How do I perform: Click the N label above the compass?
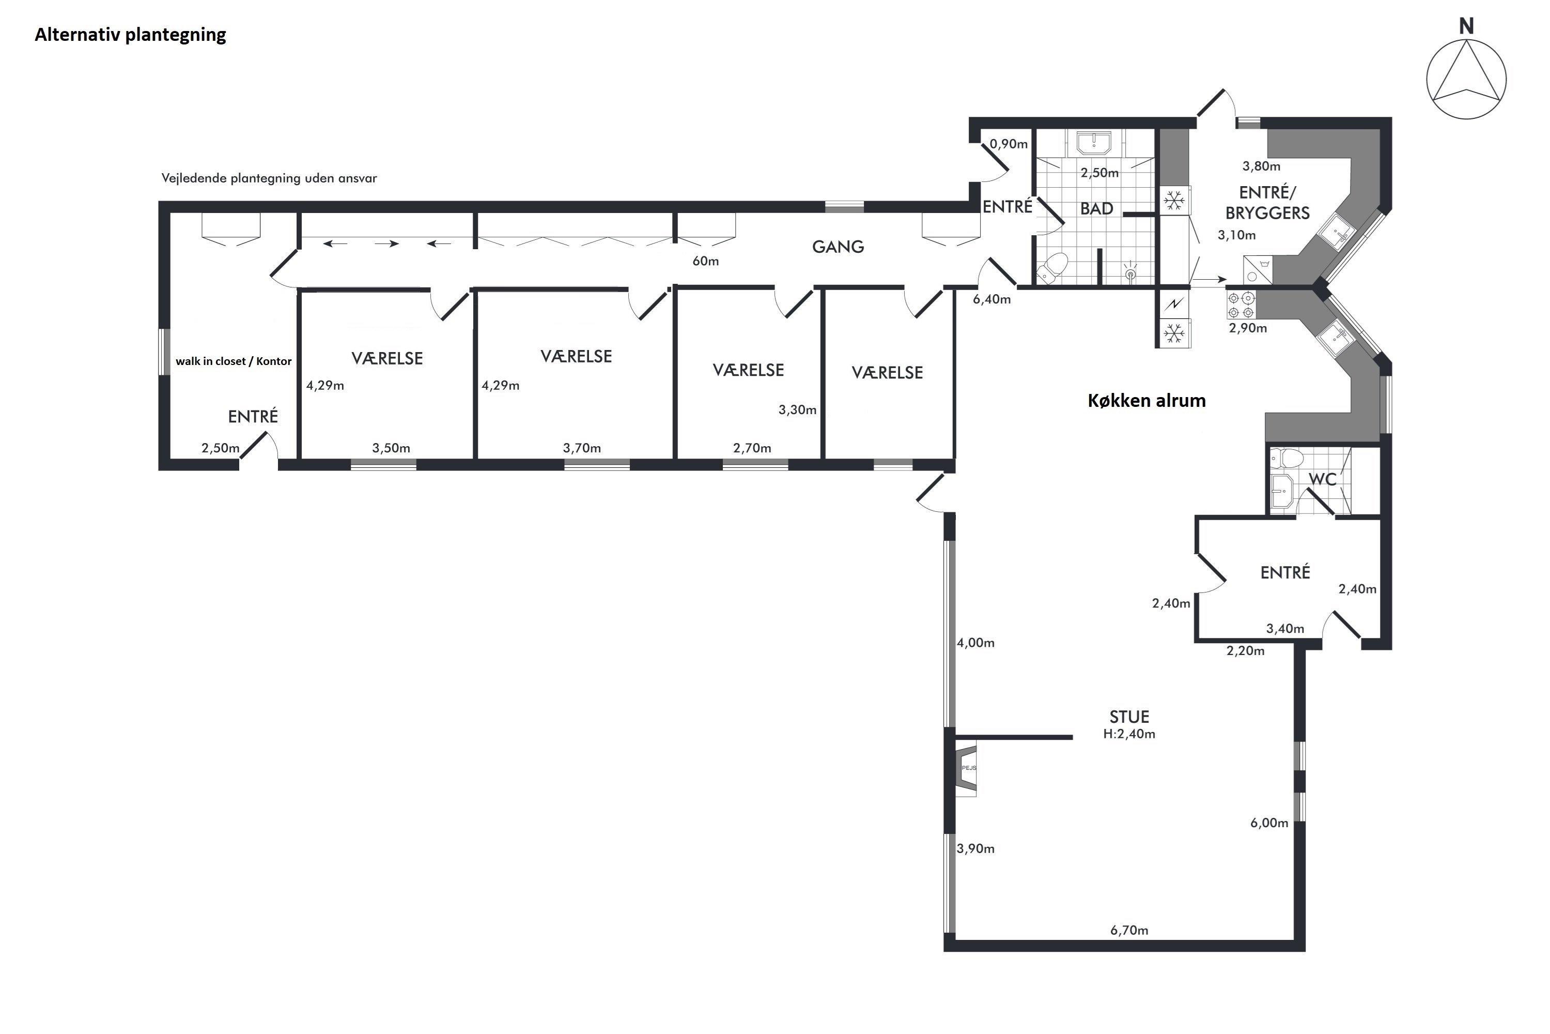(x=1466, y=26)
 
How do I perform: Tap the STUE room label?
(x=1129, y=717)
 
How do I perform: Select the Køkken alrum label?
(x=1146, y=400)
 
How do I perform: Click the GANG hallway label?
(x=838, y=247)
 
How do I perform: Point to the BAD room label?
(x=1096, y=208)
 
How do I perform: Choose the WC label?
(x=1323, y=479)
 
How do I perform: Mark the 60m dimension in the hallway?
(x=706, y=261)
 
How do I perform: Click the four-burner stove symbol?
(x=1242, y=306)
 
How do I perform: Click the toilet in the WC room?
(x=1287, y=457)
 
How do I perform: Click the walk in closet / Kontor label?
(x=234, y=361)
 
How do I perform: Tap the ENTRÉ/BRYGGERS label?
(x=1267, y=203)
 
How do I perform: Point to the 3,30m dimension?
(x=797, y=410)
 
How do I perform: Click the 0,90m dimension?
(x=1009, y=144)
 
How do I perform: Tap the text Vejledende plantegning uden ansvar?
(x=269, y=178)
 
